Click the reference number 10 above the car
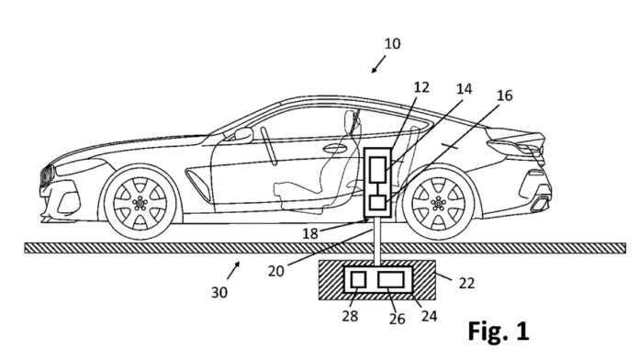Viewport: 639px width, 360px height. point(393,43)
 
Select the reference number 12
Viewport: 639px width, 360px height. point(420,87)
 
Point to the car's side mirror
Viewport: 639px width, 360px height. point(243,134)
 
